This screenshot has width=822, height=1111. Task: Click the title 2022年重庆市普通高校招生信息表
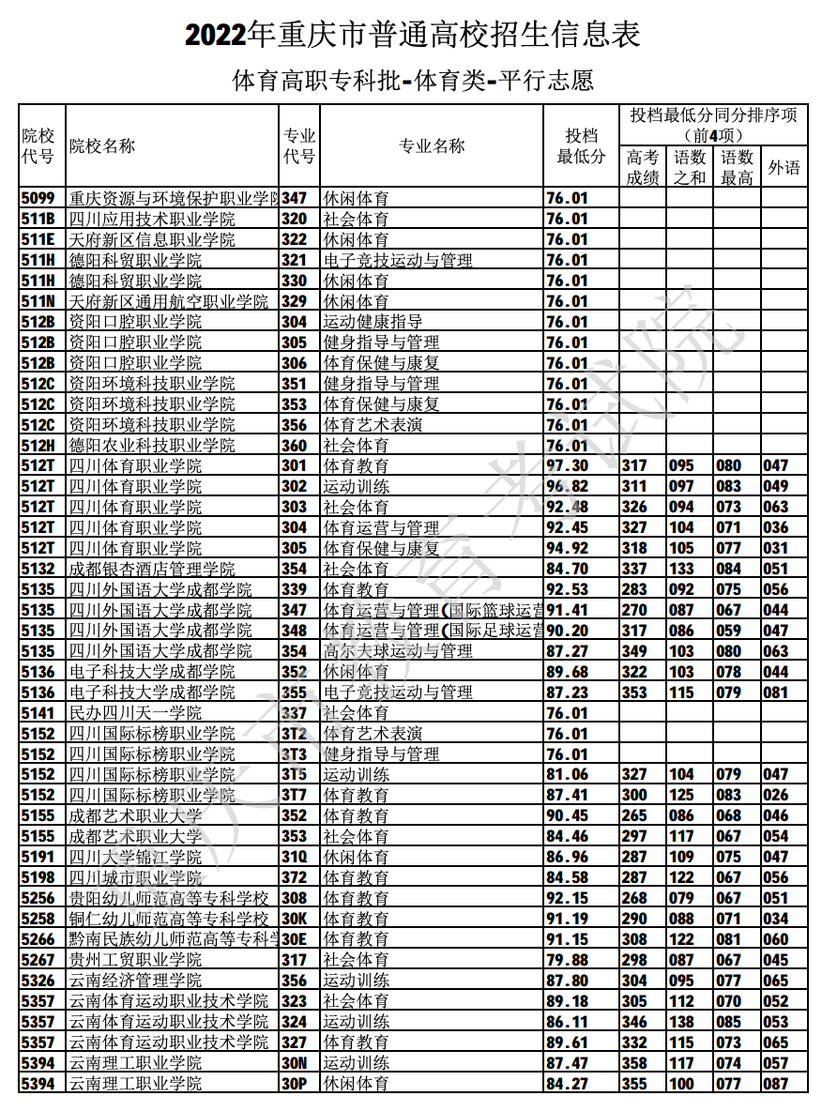click(411, 35)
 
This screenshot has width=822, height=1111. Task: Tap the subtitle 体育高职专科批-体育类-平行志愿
click(412, 81)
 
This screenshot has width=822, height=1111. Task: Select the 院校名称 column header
click(102, 146)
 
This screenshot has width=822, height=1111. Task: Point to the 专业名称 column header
click(432, 146)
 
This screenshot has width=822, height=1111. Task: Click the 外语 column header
click(784, 168)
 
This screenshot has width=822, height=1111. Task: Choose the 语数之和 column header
click(690, 168)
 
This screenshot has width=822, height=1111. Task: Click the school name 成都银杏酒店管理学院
click(152, 569)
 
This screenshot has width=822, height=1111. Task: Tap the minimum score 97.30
click(567, 465)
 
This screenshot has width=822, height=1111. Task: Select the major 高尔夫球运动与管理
click(398, 651)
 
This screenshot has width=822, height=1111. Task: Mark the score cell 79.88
click(567, 960)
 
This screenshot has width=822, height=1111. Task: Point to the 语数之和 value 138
click(682, 1022)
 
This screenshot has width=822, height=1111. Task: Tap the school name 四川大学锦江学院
click(135, 857)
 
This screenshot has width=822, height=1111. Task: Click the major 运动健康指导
click(373, 322)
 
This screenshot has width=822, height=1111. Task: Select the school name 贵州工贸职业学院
click(135, 960)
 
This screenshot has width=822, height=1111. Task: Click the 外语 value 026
click(776, 796)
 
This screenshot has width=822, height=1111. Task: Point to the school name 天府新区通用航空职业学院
click(169, 301)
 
